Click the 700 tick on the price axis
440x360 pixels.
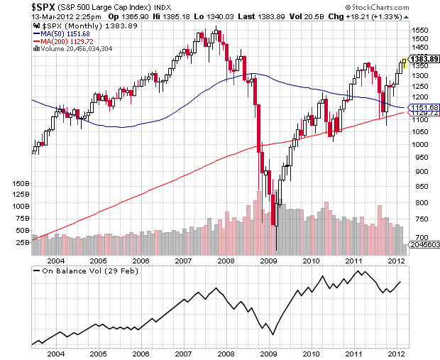coord(420,237)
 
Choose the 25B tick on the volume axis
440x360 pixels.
coord(21,242)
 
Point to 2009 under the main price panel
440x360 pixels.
coord(268,261)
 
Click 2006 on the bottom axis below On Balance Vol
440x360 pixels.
coord(141,354)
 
